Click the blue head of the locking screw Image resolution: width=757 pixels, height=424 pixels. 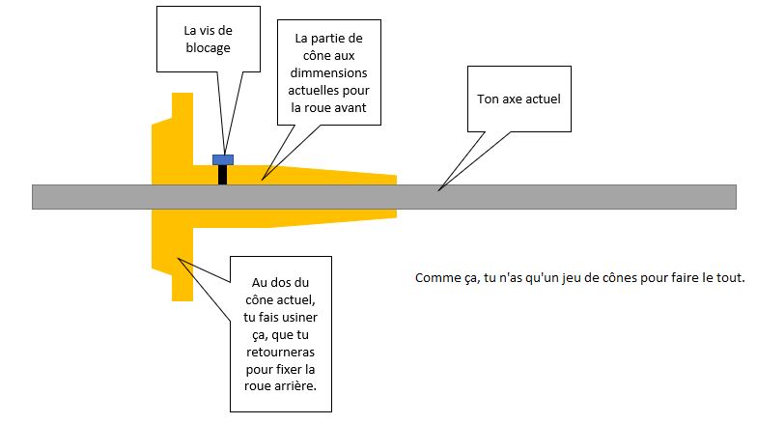click(x=223, y=160)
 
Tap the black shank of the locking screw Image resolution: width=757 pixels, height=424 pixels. click(x=222, y=175)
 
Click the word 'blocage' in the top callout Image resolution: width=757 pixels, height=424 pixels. click(x=209, y=48)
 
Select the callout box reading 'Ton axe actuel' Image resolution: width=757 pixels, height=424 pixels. click(x=519, y=99)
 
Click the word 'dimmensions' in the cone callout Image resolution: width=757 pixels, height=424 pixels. click(x=328, y=73)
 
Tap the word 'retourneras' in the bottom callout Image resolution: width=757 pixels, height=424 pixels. click(x=280, y=352)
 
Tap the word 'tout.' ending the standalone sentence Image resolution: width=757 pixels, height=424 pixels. click(x=732, y=278)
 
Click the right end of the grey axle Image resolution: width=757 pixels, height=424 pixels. click(x=736, y=197)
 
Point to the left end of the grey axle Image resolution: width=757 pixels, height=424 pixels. click(x=33, y=197)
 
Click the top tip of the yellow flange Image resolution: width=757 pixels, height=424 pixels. click(x=182, y=93)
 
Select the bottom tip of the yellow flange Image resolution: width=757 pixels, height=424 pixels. click(x=182, y=300)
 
